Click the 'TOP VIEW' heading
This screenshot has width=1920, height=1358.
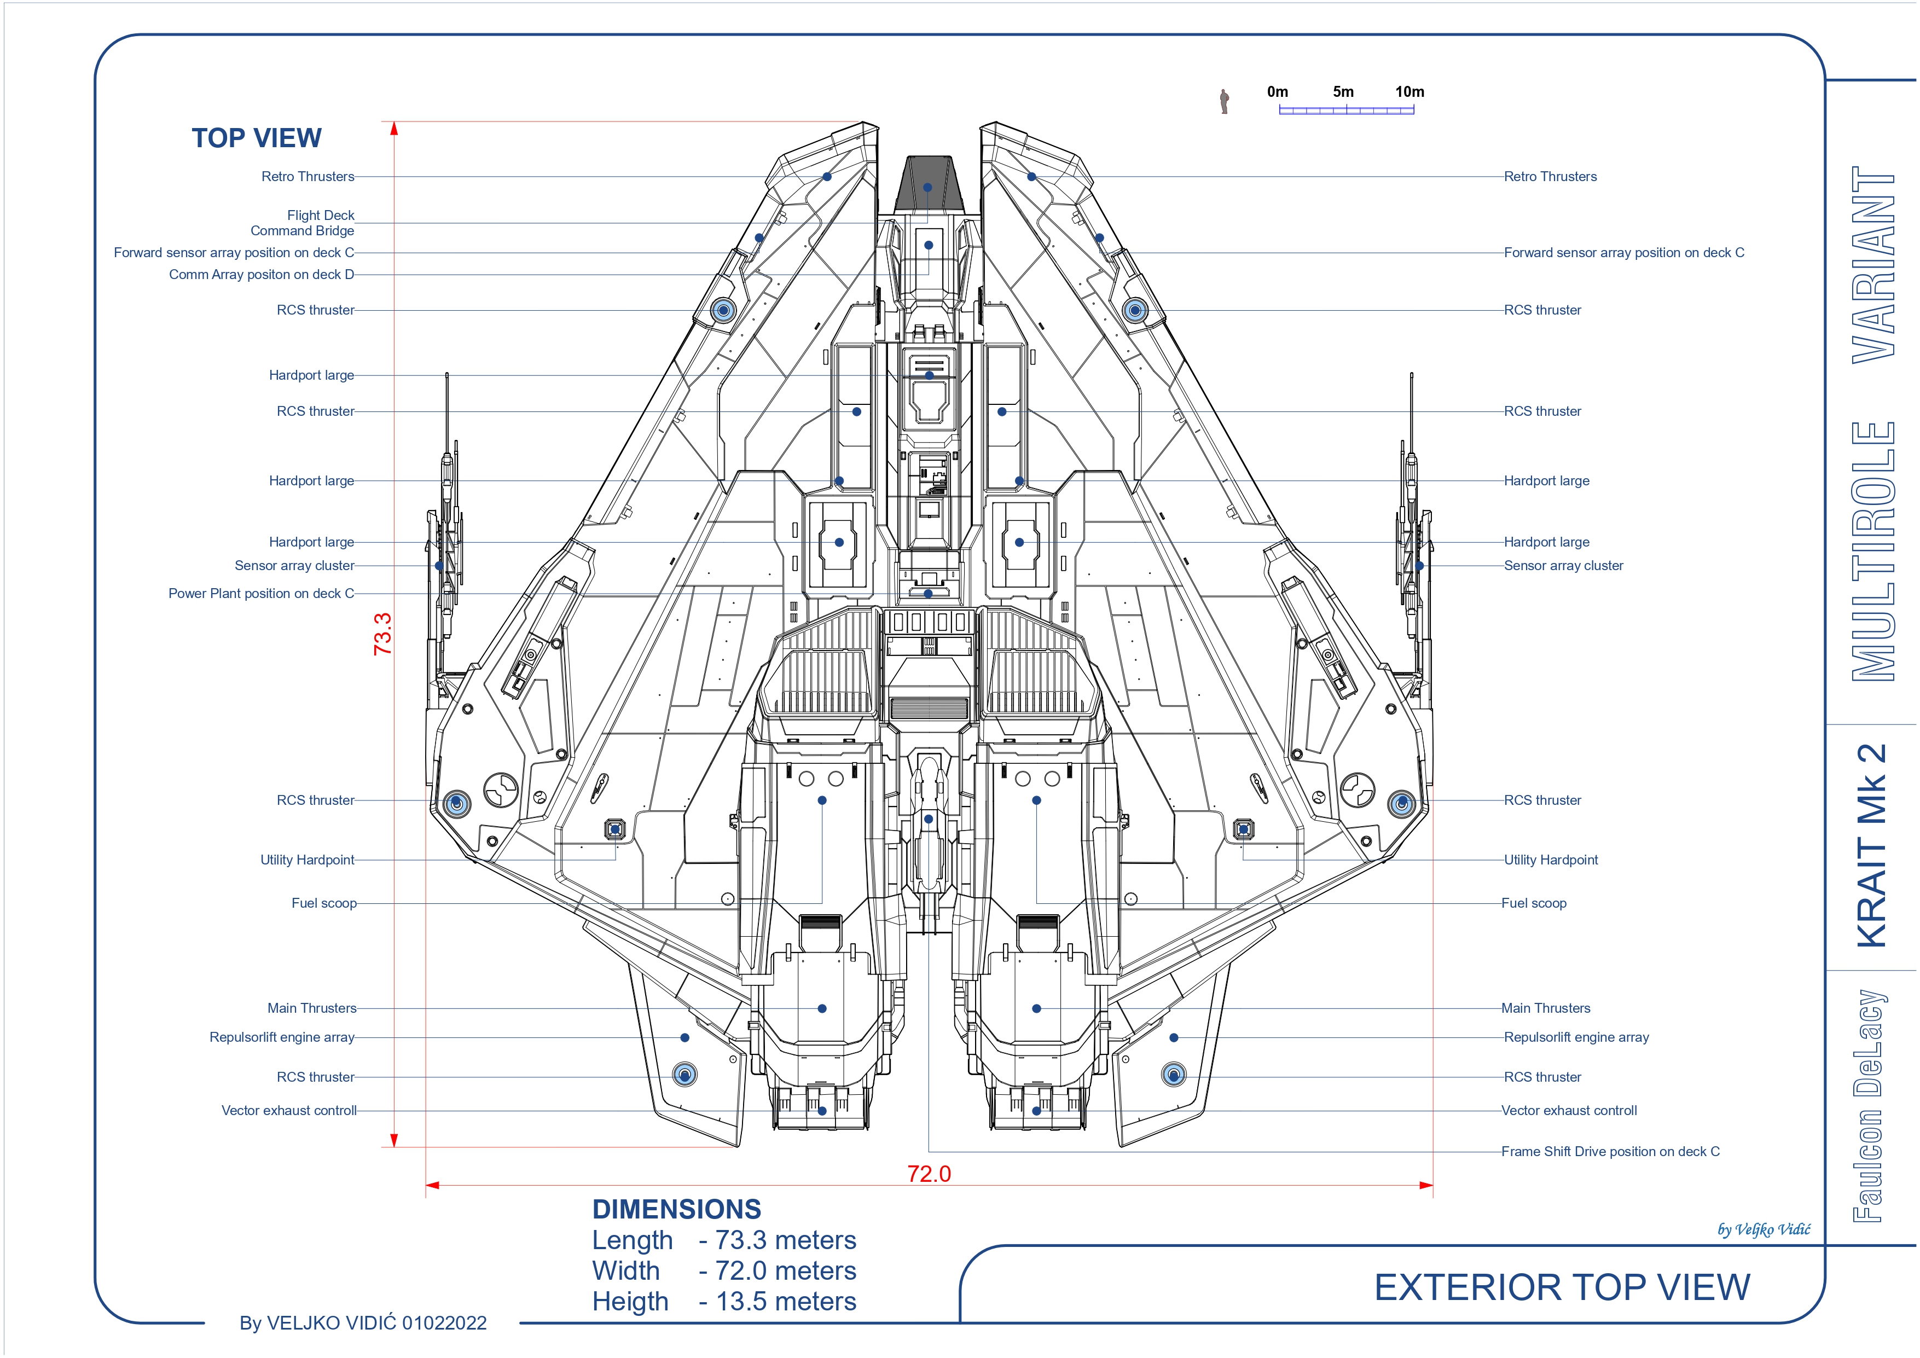(x=256, y=138)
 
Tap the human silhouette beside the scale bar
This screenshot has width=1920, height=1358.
(x=1224, y=101)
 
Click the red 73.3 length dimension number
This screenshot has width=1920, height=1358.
(x=382, y=633)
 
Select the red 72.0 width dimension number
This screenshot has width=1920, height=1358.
(x=929, y=1174)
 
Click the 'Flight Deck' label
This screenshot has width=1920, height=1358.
(x=321, y=215)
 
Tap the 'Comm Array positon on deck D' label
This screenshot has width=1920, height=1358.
(x=262, y=274)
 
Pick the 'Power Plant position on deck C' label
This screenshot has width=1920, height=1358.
(x=261, y=593)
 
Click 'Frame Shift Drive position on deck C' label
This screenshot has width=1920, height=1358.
(x=1611, y=1152)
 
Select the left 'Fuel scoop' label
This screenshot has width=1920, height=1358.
(x=323, y=903)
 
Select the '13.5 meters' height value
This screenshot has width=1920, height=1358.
(x=786, y=1301)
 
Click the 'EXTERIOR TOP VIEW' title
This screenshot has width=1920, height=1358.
(x=1562, y=1287)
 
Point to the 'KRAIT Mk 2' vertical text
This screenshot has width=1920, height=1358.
(x=1872, y=845)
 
